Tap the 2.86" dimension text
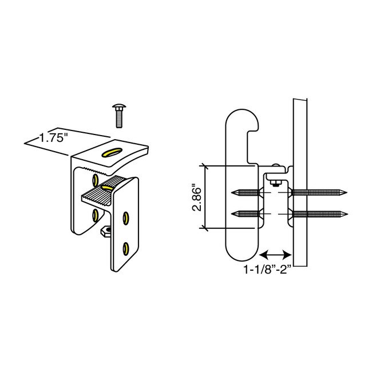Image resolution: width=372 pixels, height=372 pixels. point(196,197)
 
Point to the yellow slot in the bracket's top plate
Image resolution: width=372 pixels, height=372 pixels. point(110,152)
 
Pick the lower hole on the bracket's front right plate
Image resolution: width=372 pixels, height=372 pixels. point(126,247)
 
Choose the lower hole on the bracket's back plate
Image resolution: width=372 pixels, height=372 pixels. point(96,215)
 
